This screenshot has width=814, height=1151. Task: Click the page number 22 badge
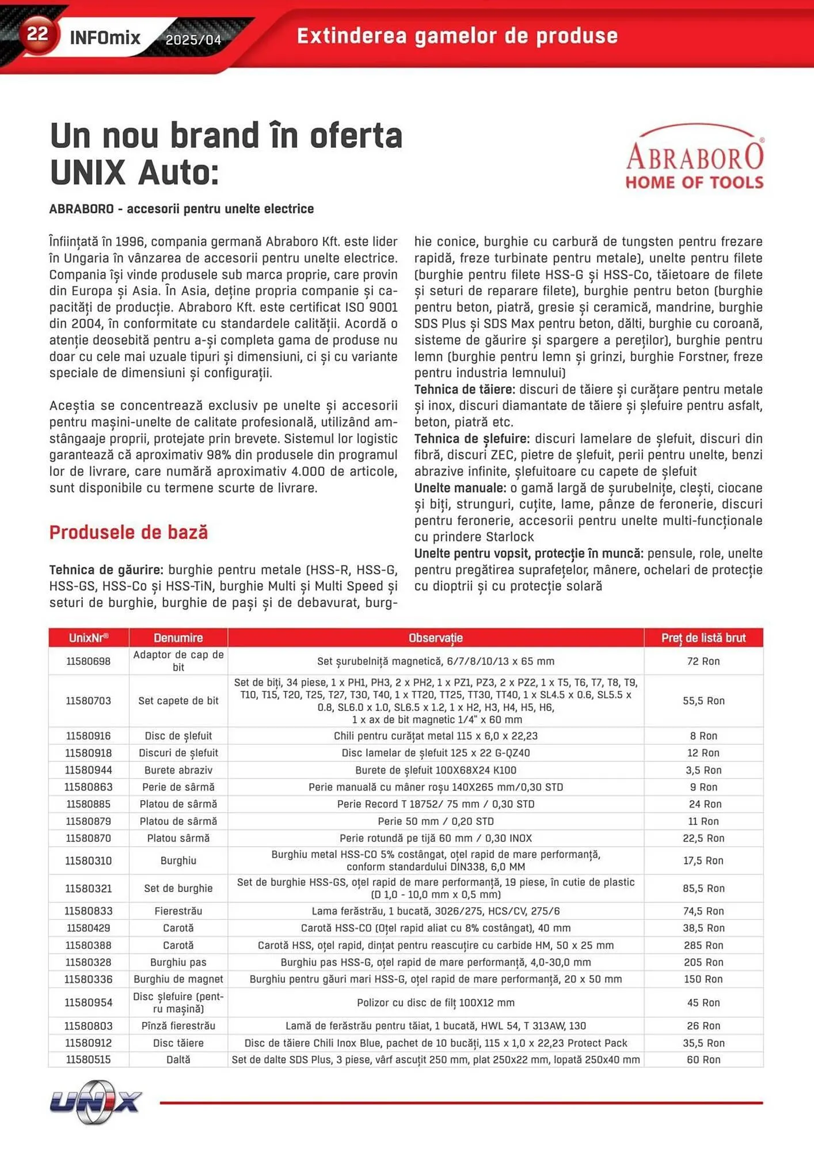(x=37, y=35)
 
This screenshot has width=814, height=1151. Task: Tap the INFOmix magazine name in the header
(x=105, y=39)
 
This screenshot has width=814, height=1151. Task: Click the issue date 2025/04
(x=193, y=40)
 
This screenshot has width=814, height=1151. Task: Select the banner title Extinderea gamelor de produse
(x=457, y=36)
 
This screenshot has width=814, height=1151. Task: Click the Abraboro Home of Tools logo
(x=694, y=157)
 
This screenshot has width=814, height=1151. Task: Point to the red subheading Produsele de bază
(x=128, y=532)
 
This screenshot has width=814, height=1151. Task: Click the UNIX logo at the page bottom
(x=96, y=1102)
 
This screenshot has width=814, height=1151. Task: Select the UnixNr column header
(x=89, y=638)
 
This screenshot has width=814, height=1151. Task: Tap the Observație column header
(x=435, y=638)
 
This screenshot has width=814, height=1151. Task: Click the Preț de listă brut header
(x=703, y=638)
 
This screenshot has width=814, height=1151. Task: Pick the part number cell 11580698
(x=88, y=661)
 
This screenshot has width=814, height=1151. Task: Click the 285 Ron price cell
(x=703, y=945)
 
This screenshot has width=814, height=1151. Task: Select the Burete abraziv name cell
(x=178, y=770)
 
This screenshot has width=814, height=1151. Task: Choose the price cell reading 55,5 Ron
(x=703, y=701)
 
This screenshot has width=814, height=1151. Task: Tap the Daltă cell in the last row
(x=178, y=1059)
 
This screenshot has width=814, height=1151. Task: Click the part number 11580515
(x=88, y=1059)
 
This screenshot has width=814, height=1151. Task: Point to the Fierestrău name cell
(x=178, y=911)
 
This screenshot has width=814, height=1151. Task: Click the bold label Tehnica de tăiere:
(x=465, y=390)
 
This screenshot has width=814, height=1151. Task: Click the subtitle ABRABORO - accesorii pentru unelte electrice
(x=181, y=209)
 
